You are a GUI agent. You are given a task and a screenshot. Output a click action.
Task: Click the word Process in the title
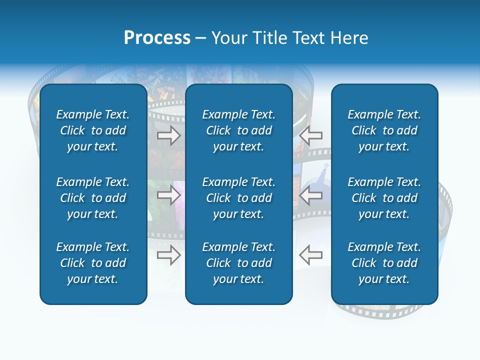pos(157,38)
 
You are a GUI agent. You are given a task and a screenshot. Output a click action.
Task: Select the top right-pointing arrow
pos(169,135)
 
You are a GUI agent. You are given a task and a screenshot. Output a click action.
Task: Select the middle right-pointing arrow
pos(169,195)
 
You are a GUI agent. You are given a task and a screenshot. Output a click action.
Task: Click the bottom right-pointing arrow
pos(169,255)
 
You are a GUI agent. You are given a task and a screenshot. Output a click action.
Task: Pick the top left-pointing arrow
pos(310,135)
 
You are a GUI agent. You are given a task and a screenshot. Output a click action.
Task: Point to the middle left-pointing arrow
pos(310,195)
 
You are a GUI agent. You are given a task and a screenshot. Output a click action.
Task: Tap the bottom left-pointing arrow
pos(310,255)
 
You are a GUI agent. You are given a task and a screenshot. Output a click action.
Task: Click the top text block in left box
pos(93,130)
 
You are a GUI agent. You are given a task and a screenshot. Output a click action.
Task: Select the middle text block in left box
pos(93,198)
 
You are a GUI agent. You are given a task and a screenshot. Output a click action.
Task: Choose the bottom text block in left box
pos(93,263)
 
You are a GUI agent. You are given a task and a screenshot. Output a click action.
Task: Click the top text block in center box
pos(239,130)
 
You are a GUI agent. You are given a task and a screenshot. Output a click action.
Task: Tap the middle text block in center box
pos(239,198)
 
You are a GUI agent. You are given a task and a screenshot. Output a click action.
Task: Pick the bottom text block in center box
pos(239,263)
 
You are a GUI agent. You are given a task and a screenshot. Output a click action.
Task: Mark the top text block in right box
pos(384,130)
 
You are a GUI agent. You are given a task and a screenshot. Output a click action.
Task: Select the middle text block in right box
pos(384,198)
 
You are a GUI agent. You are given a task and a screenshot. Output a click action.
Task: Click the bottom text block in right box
pos(384,263)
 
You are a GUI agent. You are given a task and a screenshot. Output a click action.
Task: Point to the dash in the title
pos(201,38)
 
